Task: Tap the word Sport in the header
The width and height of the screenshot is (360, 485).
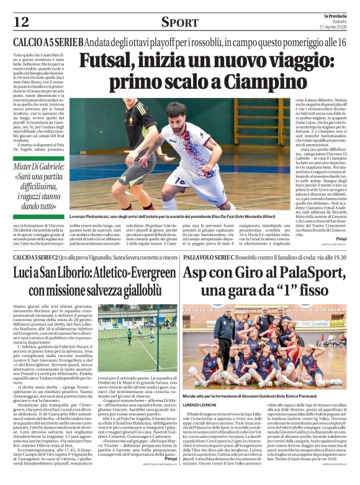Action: [179, 22]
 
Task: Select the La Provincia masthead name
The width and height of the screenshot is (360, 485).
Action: [332, 14]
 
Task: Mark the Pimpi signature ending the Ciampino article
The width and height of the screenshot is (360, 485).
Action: [340, 238]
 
